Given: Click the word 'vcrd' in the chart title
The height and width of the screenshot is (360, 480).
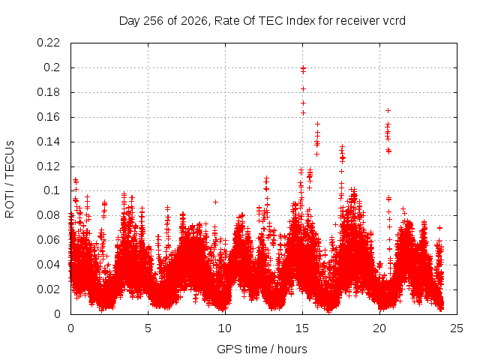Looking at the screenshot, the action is [x=394, y=21].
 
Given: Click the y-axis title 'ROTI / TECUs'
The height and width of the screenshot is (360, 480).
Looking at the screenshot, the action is [x=10, y=178].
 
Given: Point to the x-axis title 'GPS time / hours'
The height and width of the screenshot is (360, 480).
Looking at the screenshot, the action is [x=262, y=349].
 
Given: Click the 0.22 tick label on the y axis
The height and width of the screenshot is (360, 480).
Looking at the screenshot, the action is [x=48, y=43].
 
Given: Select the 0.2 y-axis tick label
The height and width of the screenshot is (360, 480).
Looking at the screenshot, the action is [x=52, y=67].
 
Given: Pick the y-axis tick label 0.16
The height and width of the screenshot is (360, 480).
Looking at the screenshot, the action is [x=48, y=117].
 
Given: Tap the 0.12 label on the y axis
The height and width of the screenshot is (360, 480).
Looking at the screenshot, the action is [x=48, y=166].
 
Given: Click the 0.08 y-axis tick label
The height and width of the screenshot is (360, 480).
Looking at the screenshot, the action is [x=48, y=215].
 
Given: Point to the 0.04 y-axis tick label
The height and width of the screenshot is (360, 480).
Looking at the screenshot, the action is [x=48, y=265].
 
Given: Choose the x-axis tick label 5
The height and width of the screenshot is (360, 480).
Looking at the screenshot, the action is [x=148, y=328].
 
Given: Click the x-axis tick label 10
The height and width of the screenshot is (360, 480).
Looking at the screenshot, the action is [x=225, y=328].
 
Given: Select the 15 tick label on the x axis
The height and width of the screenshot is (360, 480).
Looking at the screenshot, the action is [x=302, y=328].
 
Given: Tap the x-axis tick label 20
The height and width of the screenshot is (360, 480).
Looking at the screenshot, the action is [x=379, y=328].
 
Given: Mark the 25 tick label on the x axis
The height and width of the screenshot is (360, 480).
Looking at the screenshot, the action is [x=457, y=328].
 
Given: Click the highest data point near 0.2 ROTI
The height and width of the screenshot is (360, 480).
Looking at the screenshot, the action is [x=303, y=67].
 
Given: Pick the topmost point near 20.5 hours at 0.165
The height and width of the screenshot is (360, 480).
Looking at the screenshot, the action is [x=388, y=110].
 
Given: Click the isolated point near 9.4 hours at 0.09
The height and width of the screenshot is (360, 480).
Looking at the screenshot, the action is [x=215, y=202].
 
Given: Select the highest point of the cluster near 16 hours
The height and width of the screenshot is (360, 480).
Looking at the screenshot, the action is [x=317, y=124].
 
